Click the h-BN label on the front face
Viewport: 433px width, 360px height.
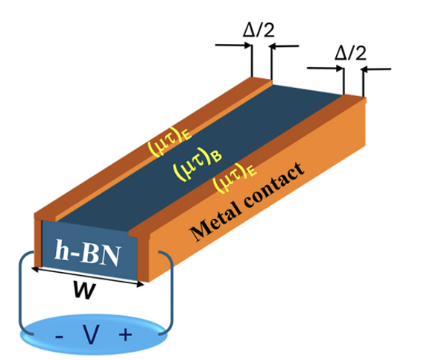coord(88,253)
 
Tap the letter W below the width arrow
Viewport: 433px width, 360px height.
coord(85,290)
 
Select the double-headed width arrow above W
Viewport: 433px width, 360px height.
coord(88,276)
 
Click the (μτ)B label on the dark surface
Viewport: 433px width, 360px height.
coord(197,164)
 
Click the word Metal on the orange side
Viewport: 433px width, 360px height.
coord(215,221)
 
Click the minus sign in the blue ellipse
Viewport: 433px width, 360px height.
coord(59,337)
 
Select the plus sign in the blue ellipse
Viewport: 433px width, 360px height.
coord(126,335)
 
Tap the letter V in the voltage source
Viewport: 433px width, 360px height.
coord(91,335)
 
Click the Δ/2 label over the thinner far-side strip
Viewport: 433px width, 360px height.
coord(259,30)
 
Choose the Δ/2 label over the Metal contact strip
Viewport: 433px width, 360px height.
coord(350,53)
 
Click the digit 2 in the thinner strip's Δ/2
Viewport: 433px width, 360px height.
coord(268,30)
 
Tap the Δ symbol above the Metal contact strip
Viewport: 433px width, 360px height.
coord(340,53)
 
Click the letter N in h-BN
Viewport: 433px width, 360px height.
coord(110,256)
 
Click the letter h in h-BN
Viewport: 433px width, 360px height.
coord(61,250)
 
